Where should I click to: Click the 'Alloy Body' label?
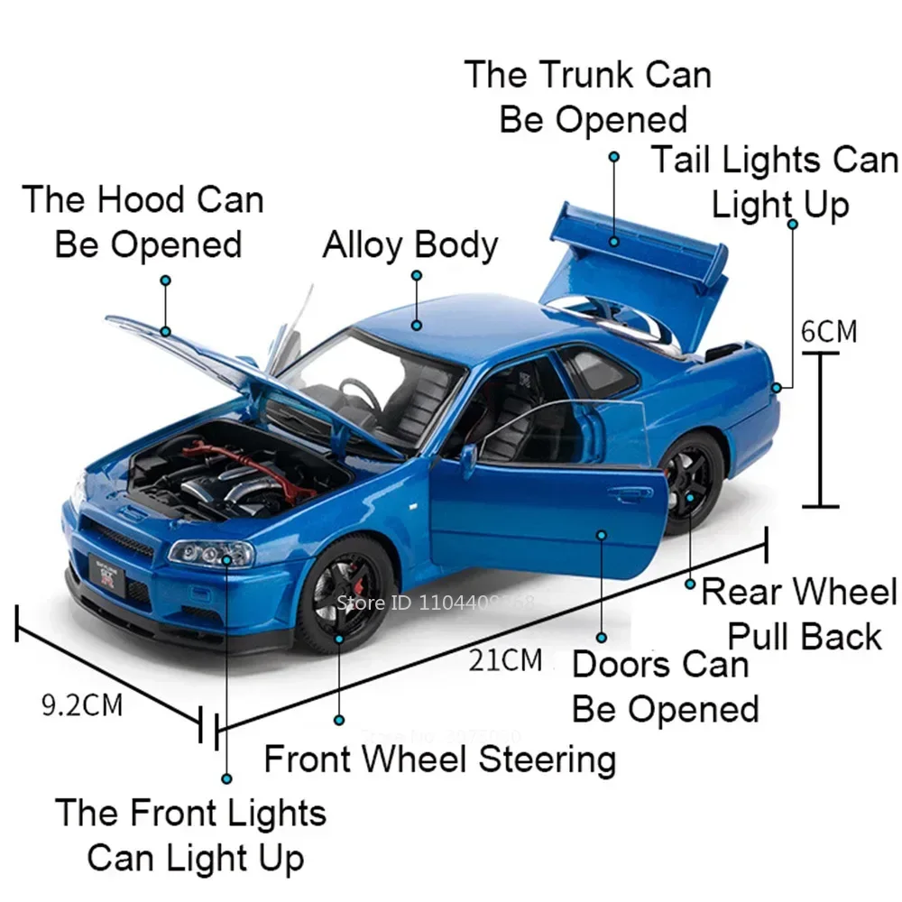410,245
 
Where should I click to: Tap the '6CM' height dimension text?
829,331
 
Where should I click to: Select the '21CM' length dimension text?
505,660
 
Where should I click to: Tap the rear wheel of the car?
689,483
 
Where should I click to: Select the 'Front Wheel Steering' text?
439,759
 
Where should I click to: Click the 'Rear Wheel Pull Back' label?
799,614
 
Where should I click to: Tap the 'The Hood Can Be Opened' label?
144,222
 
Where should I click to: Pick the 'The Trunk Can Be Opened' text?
589,97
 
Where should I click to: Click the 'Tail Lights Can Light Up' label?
776,182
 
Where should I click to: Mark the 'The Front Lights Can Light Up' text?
191,835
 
